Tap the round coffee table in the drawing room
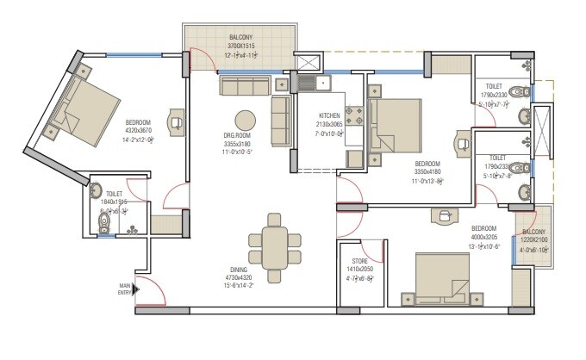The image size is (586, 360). (246, 120)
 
